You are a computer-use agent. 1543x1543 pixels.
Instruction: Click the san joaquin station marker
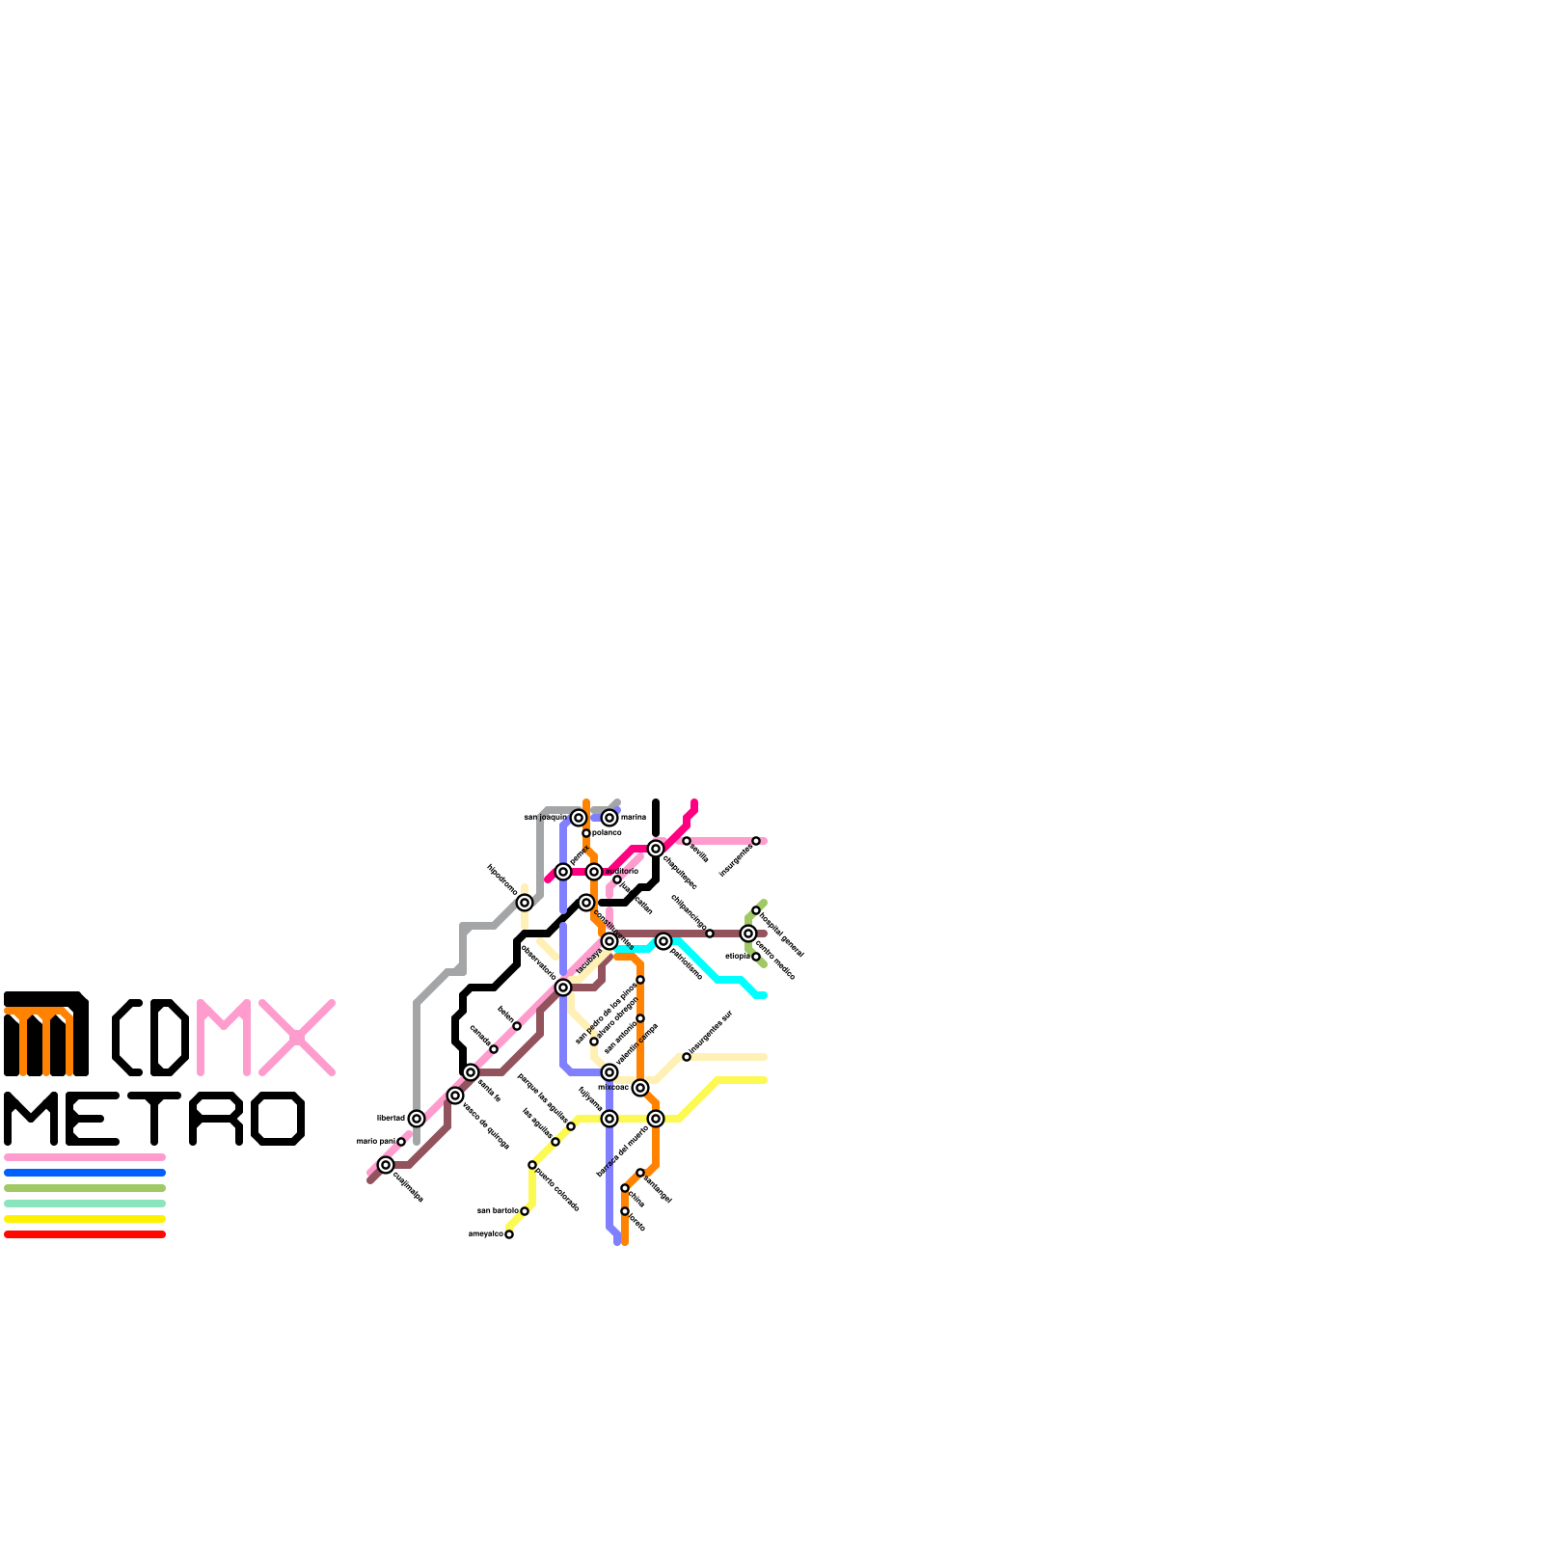pyautogui.click(x=579, y=818)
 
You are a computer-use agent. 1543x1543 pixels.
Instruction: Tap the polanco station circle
pyautogui.click(x=586, y=833)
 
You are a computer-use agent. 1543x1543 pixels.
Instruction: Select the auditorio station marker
pyautogui.click(x=594, y=872)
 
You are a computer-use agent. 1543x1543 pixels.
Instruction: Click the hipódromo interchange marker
pyautogui.click(x=525, y=903)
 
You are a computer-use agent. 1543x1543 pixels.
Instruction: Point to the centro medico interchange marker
pyautogui.click(x=748, y=934)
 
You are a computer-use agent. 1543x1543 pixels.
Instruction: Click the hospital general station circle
pyautogui.click(x=756, y=910)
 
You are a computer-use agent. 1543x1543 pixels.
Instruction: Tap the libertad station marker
pyautogui.click(x=417, y=1119)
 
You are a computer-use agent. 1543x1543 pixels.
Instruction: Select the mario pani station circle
pyautogui.click(x=401, y=1142)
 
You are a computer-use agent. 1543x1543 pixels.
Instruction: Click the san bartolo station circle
pyautogui.click(x=525, y=1211)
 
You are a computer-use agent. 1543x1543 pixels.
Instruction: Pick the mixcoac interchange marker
pyautogui.click(x=640, y=1088)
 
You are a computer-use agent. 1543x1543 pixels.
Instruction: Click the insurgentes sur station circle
pyautogui.click(x=687, y=1057)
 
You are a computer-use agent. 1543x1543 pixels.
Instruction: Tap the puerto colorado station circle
pyautogui.click(x=532, y=1165)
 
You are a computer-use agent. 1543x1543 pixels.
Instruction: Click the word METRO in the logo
pyautogui.click(x=154, y=1119)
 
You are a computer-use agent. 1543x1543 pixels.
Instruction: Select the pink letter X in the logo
pyautogui.click(x=297, y=1038)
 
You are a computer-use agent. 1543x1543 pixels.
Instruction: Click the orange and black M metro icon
pyautogui.click(x=46, y=1034)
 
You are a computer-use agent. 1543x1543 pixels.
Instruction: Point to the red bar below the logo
pyautogui.click(x=85, y=1234)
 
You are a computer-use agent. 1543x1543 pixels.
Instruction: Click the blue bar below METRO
pyautogui.click(x=85, y=1173)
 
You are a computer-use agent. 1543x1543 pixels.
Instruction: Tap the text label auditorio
pyautogui.click(x=621, y=871)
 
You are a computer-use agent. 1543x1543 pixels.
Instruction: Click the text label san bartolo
pyautogui.click(x=498, y=1210)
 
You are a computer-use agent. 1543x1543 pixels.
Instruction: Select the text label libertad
pyautogui.click(x=391, y=1118)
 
